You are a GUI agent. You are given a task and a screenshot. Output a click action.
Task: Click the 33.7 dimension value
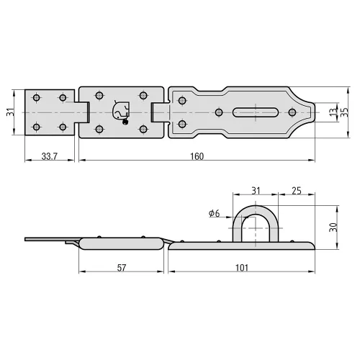50,156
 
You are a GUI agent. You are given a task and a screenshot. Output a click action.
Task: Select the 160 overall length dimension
197,156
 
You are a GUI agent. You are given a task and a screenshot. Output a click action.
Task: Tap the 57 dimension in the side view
122,268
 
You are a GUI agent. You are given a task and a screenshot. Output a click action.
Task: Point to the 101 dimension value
242,268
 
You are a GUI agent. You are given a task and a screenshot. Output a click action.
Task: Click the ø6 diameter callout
214,213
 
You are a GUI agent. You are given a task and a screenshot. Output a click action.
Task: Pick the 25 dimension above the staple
297,191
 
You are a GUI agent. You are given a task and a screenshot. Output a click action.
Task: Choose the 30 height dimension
333,228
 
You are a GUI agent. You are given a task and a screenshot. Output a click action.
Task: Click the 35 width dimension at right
344,112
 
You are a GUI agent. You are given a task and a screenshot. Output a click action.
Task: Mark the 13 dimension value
333,112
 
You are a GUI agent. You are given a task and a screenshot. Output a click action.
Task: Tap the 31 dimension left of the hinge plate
10,112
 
